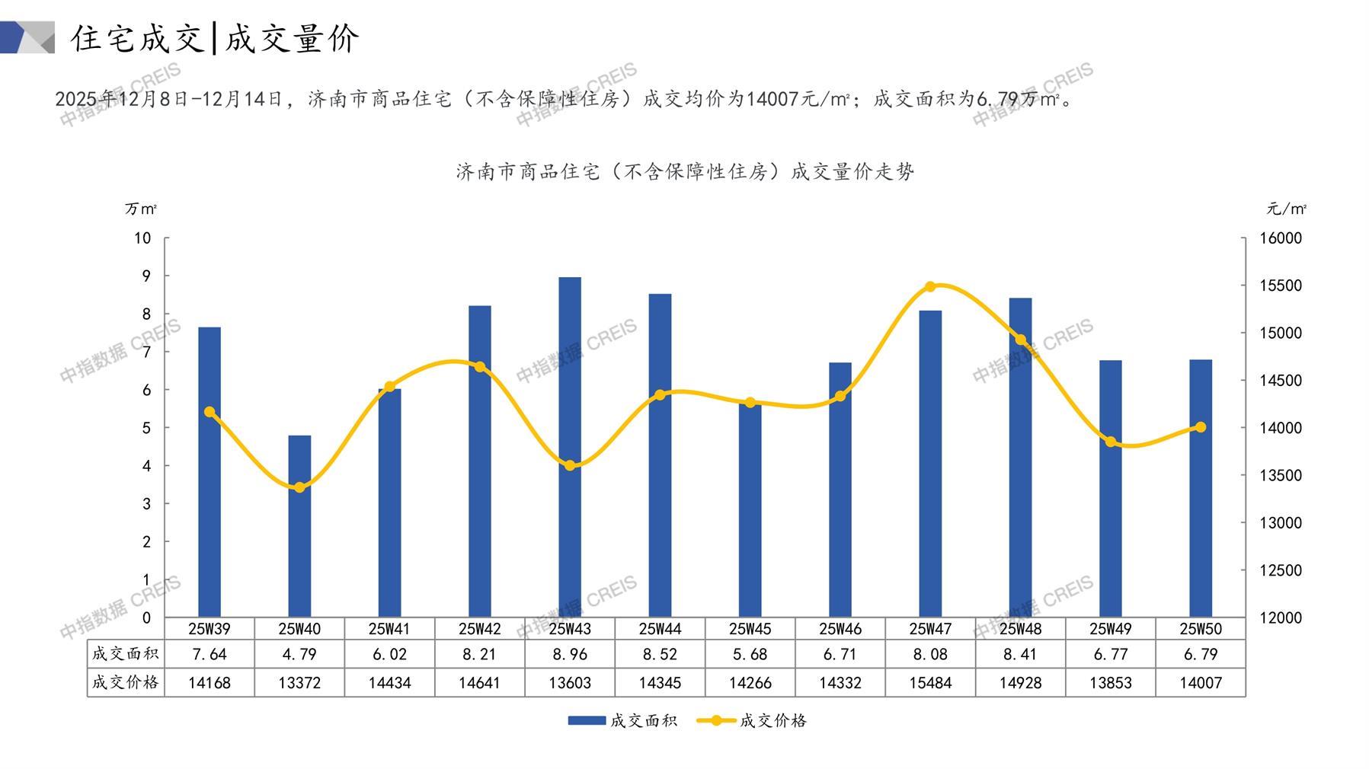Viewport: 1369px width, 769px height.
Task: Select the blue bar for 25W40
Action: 299,525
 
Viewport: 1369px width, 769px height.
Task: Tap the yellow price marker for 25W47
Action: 930,287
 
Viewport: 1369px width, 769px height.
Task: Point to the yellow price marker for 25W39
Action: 210,412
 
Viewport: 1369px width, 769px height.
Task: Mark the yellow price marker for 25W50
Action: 1201,427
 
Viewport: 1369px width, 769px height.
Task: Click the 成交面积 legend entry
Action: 622,720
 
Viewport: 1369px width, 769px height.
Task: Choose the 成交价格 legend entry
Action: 752,720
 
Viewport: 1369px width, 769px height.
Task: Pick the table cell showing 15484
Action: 930,683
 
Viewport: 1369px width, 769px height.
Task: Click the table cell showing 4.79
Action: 299,654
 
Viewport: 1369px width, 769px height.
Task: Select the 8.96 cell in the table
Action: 570,654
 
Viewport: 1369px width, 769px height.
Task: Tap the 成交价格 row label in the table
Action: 126,683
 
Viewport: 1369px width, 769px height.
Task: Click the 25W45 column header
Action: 750,629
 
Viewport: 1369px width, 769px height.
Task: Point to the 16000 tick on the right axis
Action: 1281,238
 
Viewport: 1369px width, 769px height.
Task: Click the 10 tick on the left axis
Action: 142,238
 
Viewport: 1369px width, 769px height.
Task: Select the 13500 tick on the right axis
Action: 1281,475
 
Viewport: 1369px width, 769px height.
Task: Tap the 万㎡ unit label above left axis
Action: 141,209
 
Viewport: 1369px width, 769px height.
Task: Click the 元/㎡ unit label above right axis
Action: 1287,209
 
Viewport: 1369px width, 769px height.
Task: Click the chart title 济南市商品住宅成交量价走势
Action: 685,172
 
